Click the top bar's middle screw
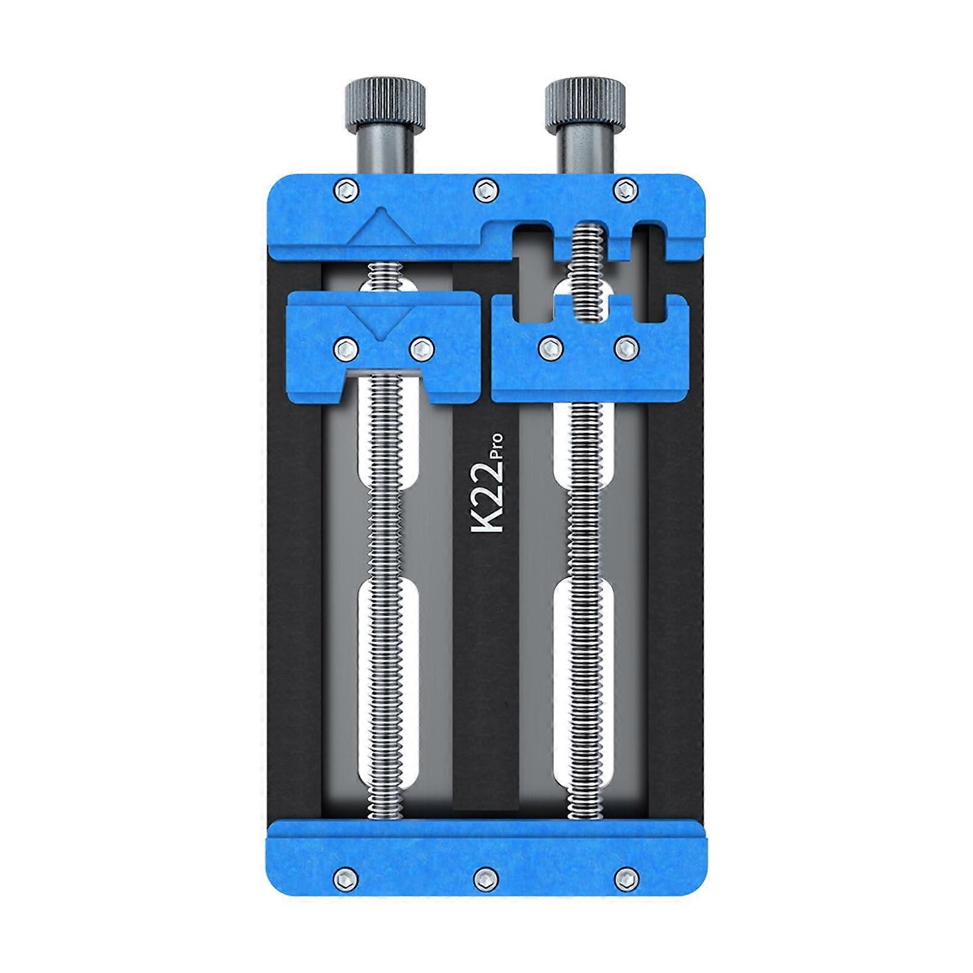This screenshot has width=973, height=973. click(x=484, y=189)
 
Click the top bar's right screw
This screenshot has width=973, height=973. click(x=623, y=189)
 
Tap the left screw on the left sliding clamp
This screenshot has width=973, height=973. click(x=346, y=348)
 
